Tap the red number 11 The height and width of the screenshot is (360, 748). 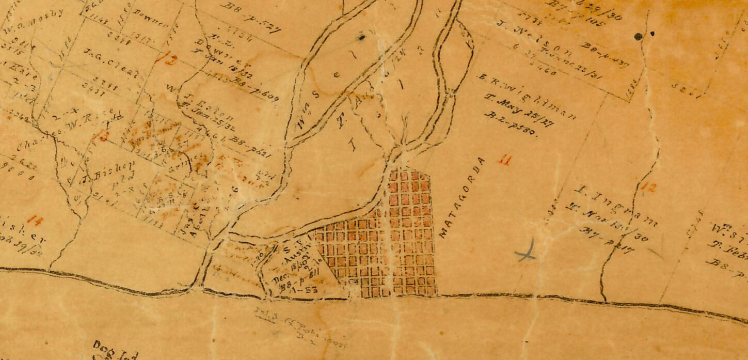[x=504, y=161]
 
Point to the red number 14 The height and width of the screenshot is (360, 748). [x=35, y=221]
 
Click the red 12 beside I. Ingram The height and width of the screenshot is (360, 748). [x=648, y=187]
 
